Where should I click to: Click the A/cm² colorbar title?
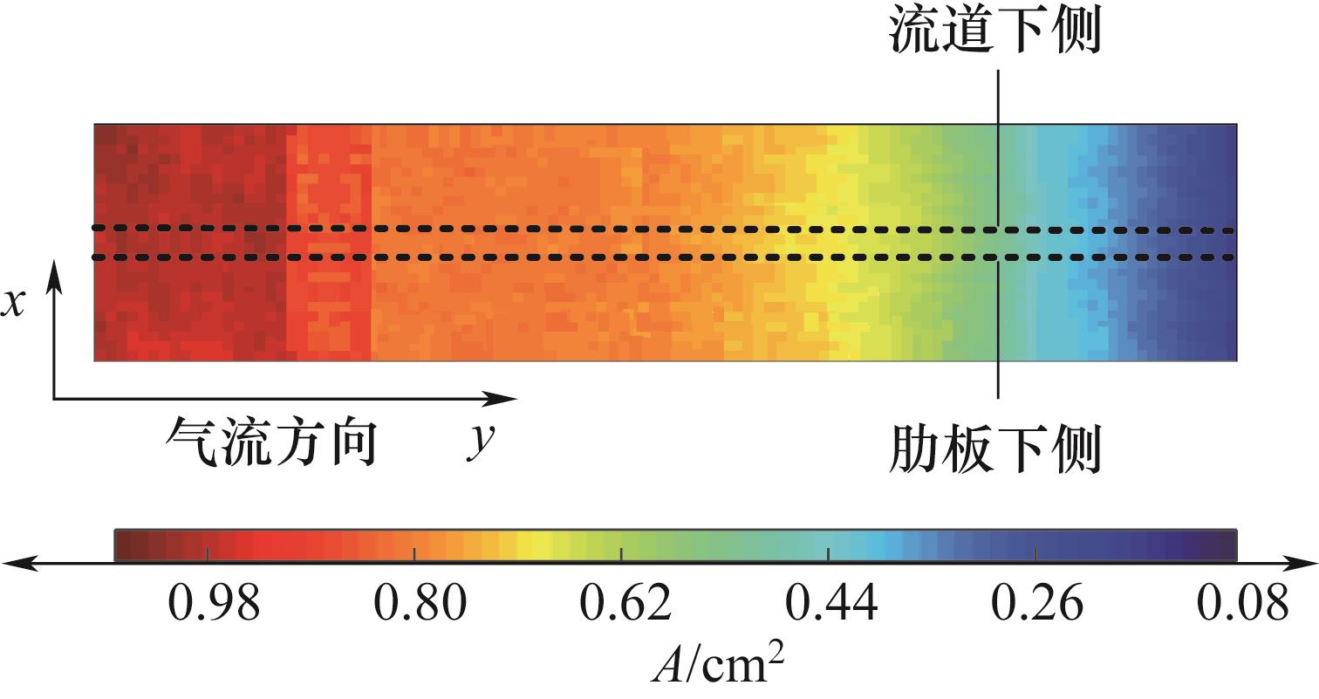point(718,668)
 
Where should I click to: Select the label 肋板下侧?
point(994,449)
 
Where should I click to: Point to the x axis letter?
point(13,305)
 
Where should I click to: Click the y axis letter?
point(477,443)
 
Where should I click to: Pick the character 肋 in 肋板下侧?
point(915,449)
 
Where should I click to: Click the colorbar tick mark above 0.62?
point(621,554)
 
